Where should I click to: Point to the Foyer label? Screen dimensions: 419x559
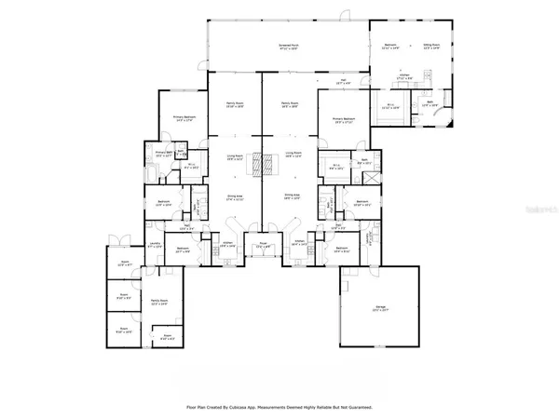(263, 246)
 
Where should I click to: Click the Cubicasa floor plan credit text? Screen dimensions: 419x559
(279, 407)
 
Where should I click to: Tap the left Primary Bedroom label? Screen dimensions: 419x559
(182, 118)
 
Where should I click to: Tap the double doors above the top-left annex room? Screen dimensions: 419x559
(116, 237)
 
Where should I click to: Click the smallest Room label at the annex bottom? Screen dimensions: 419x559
(168, 337)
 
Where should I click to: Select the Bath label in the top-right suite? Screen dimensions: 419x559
(429, 105)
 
